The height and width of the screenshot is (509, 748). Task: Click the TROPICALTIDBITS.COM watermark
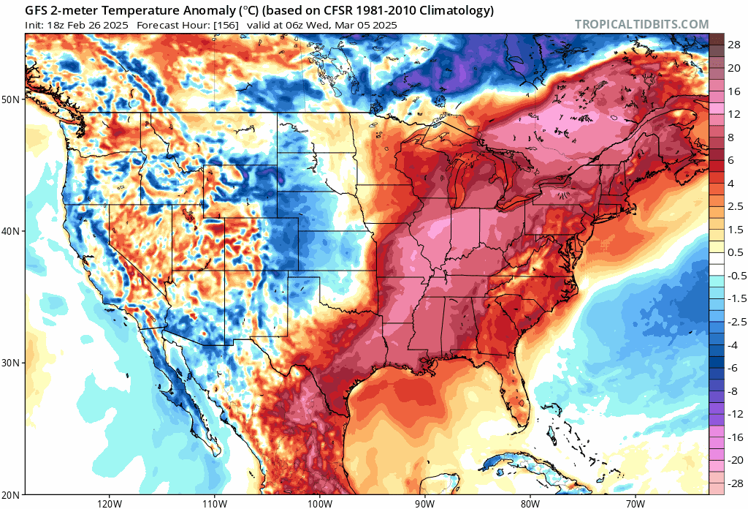(x=641, y=24)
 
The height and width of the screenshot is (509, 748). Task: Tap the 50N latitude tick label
(x=12, y=99)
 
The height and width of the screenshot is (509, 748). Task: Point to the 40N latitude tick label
(x=12, y=231)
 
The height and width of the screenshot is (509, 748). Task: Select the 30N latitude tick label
(x=12, y=363)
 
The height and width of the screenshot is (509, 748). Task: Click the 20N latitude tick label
(x=12, y=494)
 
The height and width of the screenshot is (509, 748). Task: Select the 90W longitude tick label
(x=425, y=503)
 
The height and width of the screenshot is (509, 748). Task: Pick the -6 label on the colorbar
(x=733, y=368)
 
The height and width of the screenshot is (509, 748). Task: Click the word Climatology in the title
(x=459, y=11)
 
